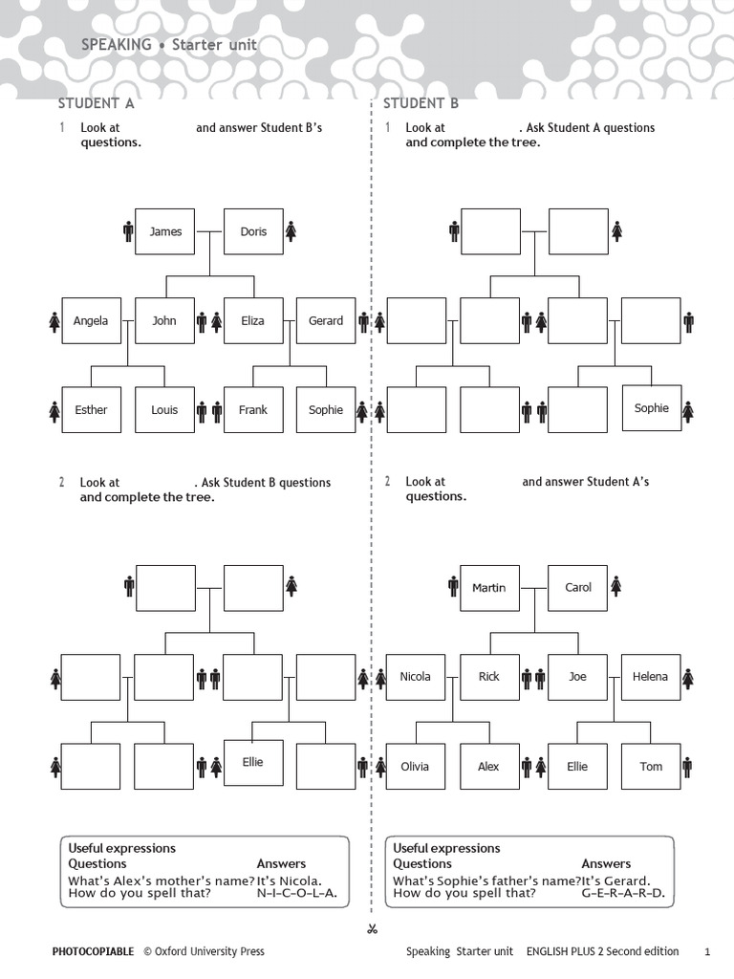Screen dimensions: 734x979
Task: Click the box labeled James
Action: click(164, 231)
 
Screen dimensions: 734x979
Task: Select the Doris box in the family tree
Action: click(253, 231)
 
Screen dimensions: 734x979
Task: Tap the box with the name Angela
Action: click(91, 321)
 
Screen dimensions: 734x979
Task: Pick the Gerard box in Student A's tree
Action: click(326, 321)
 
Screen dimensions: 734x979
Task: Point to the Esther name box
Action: click(91, 409)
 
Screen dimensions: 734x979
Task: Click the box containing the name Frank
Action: click(253, 409)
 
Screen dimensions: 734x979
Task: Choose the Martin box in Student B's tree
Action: click(489, 588)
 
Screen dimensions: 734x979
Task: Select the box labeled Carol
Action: click(578, 588)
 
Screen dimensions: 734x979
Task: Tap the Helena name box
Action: click(650, 677)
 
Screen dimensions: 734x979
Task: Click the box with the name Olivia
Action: click(416, 766)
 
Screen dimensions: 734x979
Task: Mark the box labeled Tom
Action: click(651, 766)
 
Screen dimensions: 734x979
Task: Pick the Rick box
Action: click(489, 677)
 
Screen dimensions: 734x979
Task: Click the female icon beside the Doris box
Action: click(291, 231)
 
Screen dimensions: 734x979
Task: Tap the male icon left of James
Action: click(128, 231)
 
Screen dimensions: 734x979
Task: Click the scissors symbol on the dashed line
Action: click(373, 929)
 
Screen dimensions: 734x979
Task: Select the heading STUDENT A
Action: click(97, 103)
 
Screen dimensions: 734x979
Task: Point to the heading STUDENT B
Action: click(421, 103)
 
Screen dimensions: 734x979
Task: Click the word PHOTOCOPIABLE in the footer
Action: click(93, 951)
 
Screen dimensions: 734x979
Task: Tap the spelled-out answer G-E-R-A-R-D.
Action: click(623, 893)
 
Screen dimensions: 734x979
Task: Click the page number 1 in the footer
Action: click(707, 952)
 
